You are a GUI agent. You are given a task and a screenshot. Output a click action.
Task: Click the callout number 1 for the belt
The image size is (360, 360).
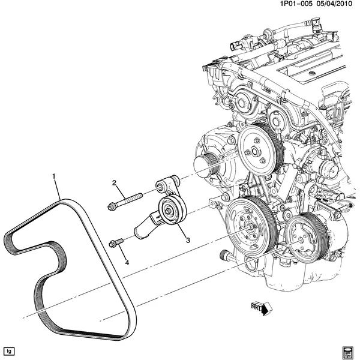[x=54, y=176]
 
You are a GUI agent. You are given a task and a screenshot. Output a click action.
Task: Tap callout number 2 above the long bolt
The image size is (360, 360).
[x=113, y=182]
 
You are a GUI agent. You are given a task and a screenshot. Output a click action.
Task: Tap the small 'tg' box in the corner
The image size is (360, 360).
[x=8, y=350]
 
